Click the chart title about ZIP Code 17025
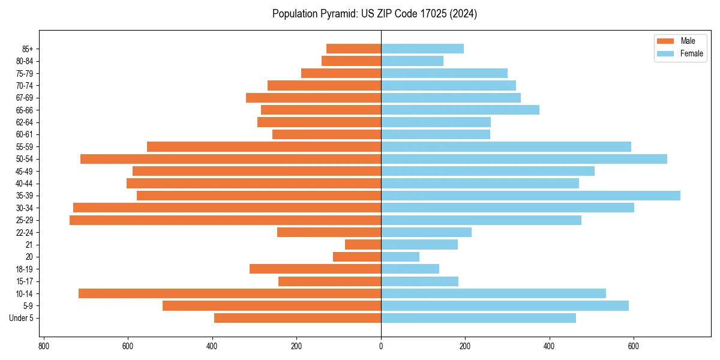point(374,14)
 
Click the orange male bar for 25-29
point(225,220)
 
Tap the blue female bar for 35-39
point(530,196)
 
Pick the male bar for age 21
point(363,245)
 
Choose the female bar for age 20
point(400,257)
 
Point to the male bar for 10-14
point(230,293)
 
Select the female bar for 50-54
point(524,159)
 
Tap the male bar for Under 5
point(298,318)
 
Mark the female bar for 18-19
point(410,269)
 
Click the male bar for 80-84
point(351,61)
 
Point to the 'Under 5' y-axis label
point(22,318)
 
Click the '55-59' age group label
point(25,147)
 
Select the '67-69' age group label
point(25,98)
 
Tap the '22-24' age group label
point(25,233)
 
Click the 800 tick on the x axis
point(43,346)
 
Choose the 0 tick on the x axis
point(381,346)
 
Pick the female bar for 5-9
point(505,306)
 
